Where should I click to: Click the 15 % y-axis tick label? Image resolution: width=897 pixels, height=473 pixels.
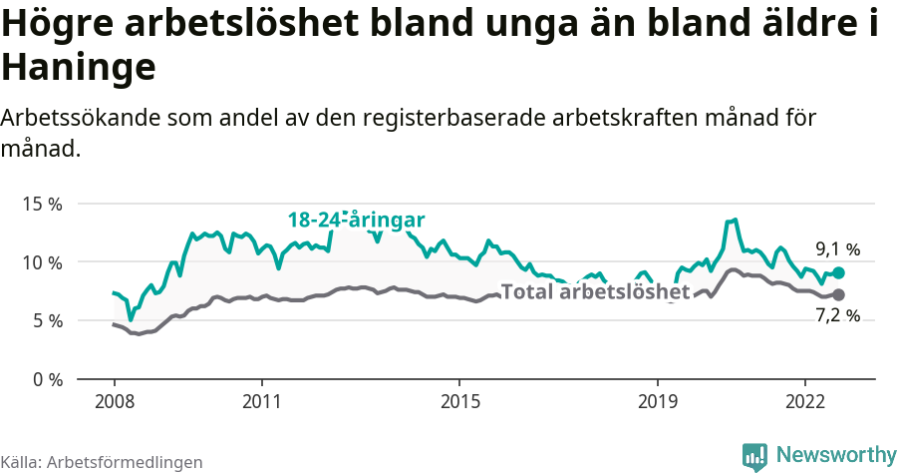tap(43, 204)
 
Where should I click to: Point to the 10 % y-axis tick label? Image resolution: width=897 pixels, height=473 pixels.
tap(43, 262)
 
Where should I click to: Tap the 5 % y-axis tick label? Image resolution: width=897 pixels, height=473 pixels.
tap(47, 320)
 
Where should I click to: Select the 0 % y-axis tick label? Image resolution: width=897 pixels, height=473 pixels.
tap(47, 379)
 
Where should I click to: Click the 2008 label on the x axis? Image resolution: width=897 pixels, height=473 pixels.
tap(114, 401)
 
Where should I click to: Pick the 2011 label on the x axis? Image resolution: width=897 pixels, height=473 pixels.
tap(261, 401)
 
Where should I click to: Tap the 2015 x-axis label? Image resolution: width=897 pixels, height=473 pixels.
tap(458, 401)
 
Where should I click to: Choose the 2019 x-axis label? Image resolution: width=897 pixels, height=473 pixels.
tap(657, 401)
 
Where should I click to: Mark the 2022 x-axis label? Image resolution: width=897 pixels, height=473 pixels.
tap(804, 401)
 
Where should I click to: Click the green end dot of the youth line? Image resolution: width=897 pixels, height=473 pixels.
tap(839, 272)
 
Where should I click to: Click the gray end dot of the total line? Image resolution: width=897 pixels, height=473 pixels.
tap(839, 294)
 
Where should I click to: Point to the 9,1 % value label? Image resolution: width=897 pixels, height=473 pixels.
tap(837, 249)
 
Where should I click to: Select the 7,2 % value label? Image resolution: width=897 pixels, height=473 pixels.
tap(837, 316)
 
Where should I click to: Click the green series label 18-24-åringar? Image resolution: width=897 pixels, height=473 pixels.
tap(357, 221)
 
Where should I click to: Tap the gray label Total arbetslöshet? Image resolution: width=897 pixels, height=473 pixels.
tap(595, 292)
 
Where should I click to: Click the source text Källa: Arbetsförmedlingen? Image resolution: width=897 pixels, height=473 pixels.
tap(102, 462)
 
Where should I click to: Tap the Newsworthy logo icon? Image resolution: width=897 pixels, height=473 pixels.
tap(754, 455)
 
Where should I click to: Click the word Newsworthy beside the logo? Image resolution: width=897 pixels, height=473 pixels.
tap(835, 455)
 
